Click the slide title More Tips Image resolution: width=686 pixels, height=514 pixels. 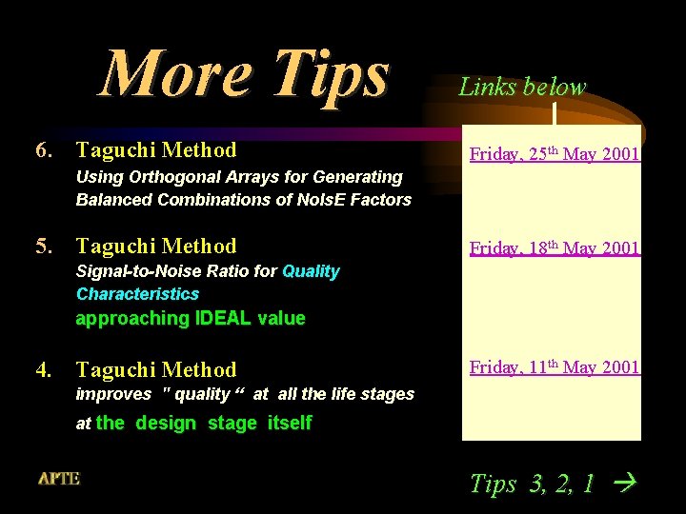point(245,73)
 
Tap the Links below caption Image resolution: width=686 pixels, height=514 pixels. point(522,88)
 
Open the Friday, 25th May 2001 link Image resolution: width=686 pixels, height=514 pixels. point(554,154)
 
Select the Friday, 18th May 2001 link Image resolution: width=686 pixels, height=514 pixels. point(554,248)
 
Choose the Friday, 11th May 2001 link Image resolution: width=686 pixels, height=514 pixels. point(554,367)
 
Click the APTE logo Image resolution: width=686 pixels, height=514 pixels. point(59,479)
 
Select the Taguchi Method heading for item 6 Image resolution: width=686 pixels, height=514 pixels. point(156,150)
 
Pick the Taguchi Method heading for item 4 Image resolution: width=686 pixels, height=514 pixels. point(156,369)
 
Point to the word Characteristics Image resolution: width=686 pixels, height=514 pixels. point(137,294)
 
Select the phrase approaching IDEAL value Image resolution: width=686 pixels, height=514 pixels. point(191,319)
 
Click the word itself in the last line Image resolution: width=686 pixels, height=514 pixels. point(290,424)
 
